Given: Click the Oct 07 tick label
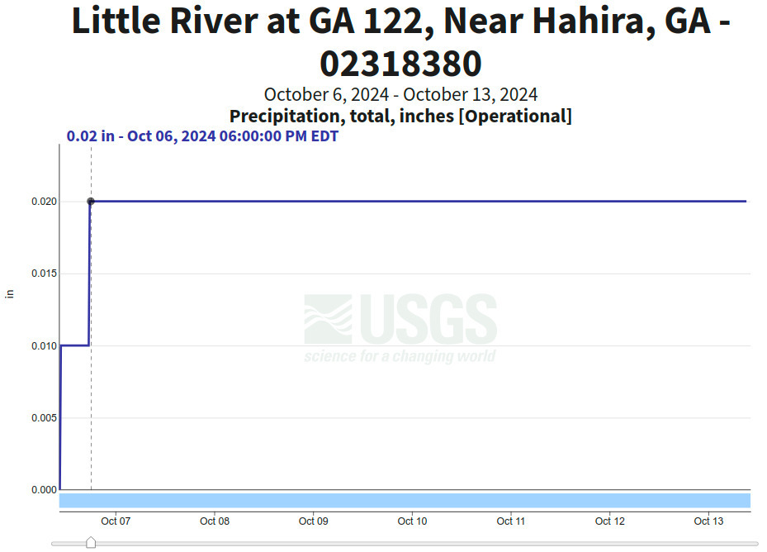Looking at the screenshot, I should [116, 521].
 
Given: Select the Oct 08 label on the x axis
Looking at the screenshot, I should [215, 521].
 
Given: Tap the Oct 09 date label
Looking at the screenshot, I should [313, 521].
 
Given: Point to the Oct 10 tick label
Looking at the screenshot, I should [412, 521].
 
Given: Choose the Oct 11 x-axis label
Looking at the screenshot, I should [511, 521].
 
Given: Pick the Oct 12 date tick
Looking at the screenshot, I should [609, 521].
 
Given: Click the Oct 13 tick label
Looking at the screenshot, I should [708, 521].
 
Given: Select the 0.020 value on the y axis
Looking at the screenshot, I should [45, 202].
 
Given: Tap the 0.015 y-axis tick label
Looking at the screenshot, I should [45, 274].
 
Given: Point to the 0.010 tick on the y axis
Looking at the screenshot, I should [45, 345].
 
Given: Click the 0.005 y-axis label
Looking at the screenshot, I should [45, 418].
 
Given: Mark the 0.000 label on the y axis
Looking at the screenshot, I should [45, 490].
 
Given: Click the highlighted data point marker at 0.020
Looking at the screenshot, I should [91, 202].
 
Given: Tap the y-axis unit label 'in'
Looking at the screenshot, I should [10, 293].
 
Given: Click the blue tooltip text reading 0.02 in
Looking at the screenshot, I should [91, 136].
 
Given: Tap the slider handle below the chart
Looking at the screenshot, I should [91, 542].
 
